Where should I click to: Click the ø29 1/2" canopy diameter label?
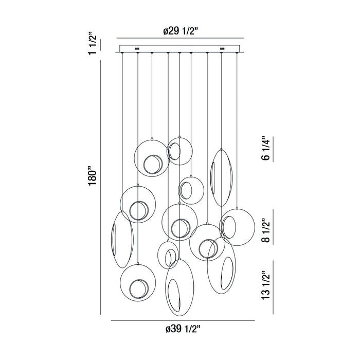click(x=181, y=31)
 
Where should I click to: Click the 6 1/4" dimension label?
click(x=266, y=149)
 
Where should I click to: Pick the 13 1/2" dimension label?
click(x=266, y=285)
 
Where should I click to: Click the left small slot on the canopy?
click(x=137, y=49)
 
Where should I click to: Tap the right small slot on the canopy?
click(x=222, y=49)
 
